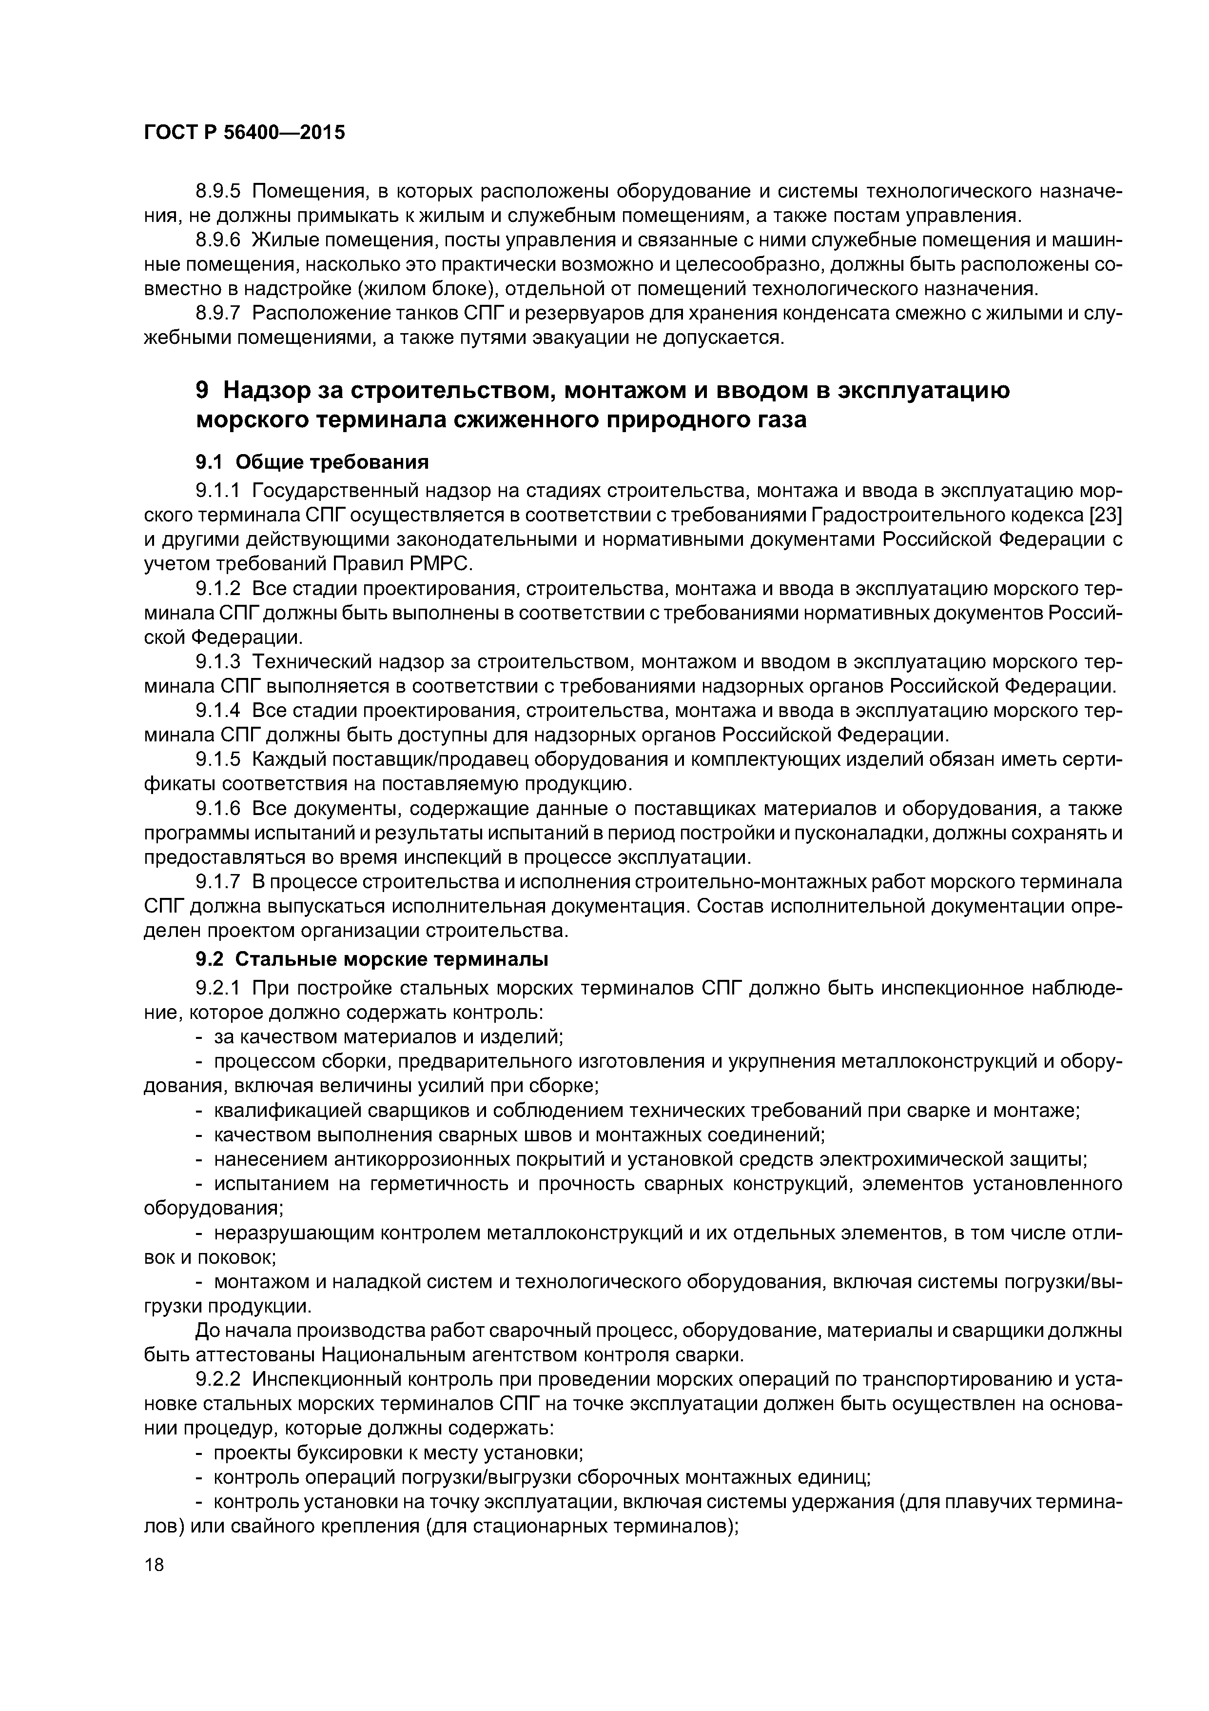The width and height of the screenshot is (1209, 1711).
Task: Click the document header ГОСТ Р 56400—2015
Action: (x=244, y=133)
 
